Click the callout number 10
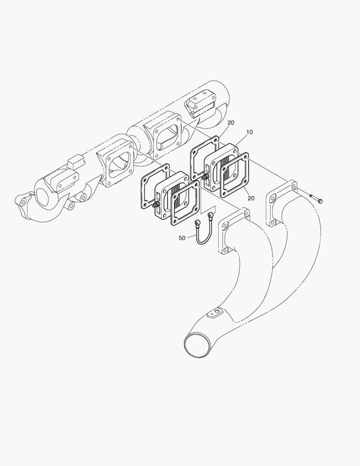[250, 132]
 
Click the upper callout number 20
[231, 123]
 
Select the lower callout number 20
[251, 198]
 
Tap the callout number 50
[182, 238]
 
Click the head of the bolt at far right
[320, 201]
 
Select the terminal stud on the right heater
[204, 178]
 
